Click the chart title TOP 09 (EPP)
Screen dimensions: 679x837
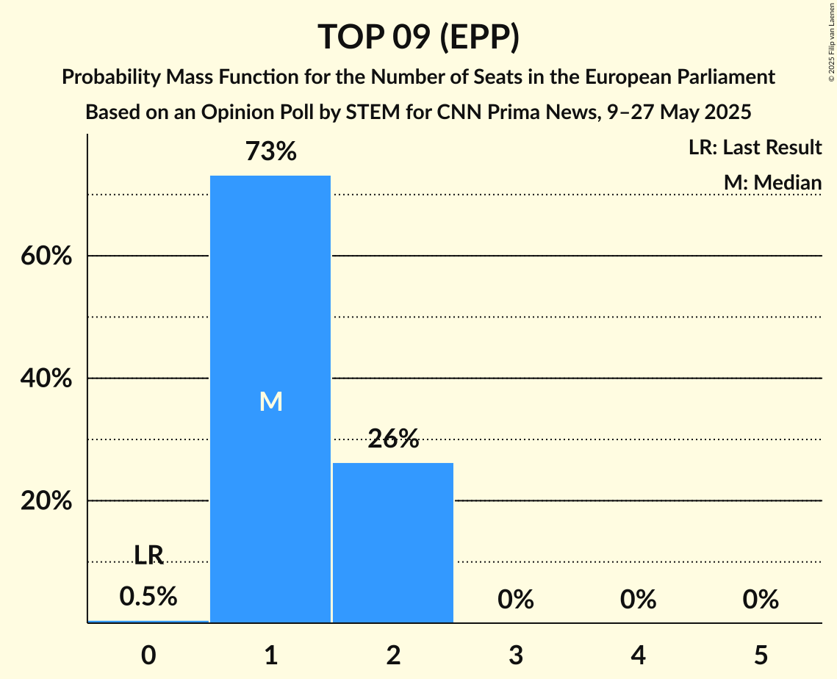tap(418, 37)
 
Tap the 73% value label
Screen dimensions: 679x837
tap(270, 152)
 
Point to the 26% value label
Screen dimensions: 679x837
tap(393, 439)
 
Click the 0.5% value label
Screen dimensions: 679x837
tap(148, 597)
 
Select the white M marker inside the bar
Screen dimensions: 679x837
tap(270, 401)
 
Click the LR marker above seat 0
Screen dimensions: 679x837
tap(148, 556)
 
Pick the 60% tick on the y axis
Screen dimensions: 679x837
tap(46, 256)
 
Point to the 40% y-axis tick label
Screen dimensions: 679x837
tap(46, 379)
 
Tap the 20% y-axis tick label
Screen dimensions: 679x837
tap(46, 501)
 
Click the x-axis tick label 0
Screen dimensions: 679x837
tap(148, 655)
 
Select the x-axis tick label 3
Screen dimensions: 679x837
tap(516, 655)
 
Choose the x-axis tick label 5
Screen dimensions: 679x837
tap(761, 655)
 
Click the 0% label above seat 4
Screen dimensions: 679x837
tap(638, 600)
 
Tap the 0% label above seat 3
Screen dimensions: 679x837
tap(516, 600)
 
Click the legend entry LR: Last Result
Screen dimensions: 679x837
tap(755, 148)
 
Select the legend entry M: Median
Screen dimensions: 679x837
tap(772, 182)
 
